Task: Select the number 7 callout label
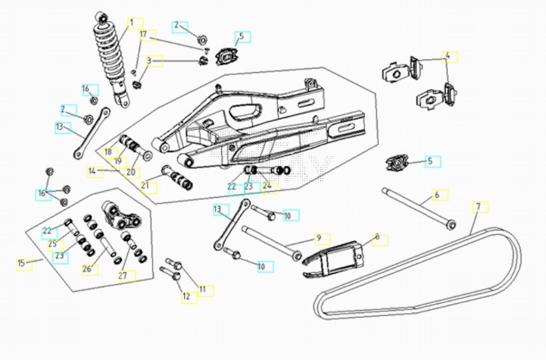click(478, 206)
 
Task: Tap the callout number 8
click(376, 238)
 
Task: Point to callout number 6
click(436, 196)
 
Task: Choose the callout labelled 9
click(319, 238)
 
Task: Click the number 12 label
click(186, 296)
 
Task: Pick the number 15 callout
click(21, 263)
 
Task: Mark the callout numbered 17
click(143, 34)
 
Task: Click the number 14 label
click(92, 172)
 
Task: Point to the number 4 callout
click(447, 56)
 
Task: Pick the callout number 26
click(87, 268)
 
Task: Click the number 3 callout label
click(150, 61)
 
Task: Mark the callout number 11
click(202, 289)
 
